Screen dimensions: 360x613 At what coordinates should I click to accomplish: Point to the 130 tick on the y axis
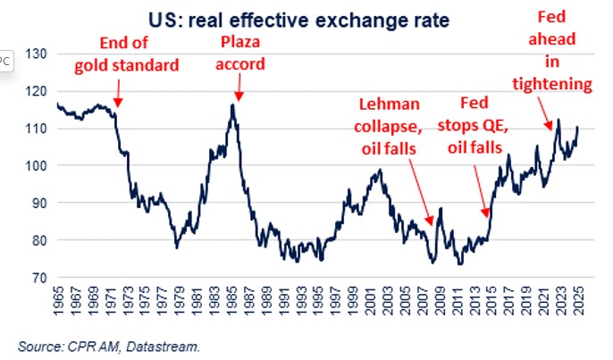coord(37,54)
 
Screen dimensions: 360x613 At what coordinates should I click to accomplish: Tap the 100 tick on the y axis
coord(37,166)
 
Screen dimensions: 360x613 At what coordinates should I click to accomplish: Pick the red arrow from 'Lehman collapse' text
coord(427,194)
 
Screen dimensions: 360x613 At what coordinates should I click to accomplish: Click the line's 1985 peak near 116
coord(232,105)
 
